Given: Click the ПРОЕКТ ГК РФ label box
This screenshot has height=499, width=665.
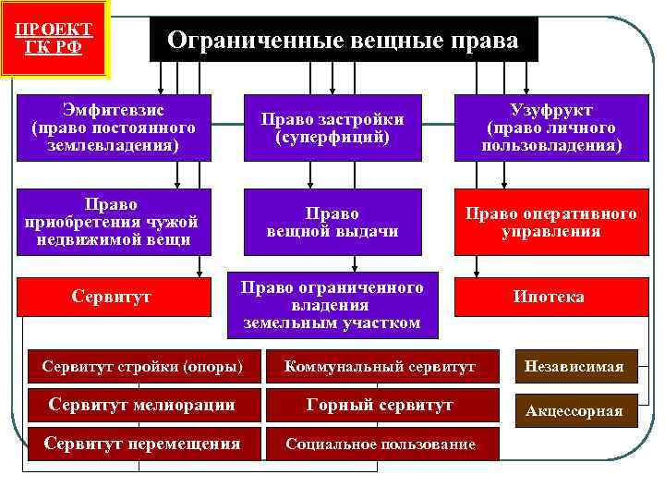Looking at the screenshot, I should click(x=54, y=37).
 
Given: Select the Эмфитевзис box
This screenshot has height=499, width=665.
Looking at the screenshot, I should click(x=113, y=126).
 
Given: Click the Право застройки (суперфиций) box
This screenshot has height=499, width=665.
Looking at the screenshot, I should click(x=332, y=128).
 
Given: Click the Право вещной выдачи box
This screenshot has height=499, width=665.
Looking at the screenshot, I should click(x=332, y=222).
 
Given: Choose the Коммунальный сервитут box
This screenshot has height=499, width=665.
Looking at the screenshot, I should click(x=380, y=367).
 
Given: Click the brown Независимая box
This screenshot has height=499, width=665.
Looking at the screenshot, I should click(x=574, y=366).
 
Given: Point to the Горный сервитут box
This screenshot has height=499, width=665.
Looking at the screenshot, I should click(x=380, y=405).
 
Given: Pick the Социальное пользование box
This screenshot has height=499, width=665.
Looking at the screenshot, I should click(x=380, y=444).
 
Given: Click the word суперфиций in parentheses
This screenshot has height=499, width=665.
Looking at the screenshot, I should click(x=332, y=137).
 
